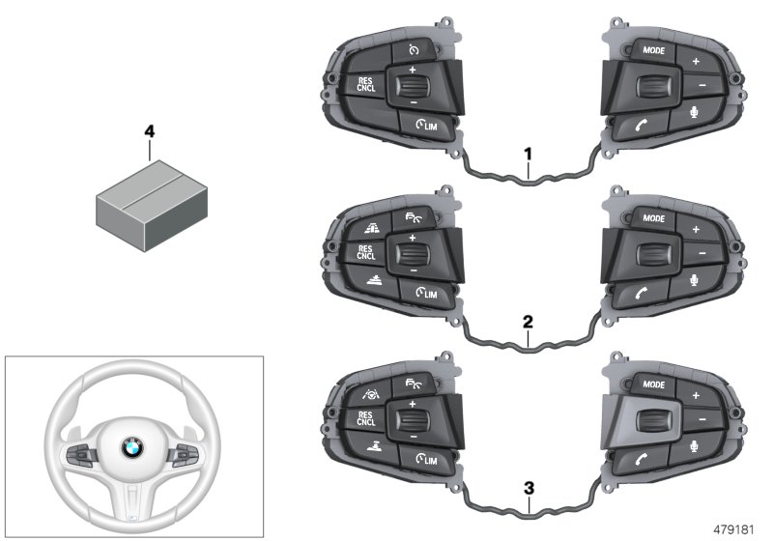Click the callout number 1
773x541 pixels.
coord(528,154)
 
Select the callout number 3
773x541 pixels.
coord(528,487)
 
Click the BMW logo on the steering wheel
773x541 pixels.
coord(130,447)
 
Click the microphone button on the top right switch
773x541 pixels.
coord(693,113)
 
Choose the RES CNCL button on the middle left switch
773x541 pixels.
coord(365,253)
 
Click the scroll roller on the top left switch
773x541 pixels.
coord(409,87)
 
